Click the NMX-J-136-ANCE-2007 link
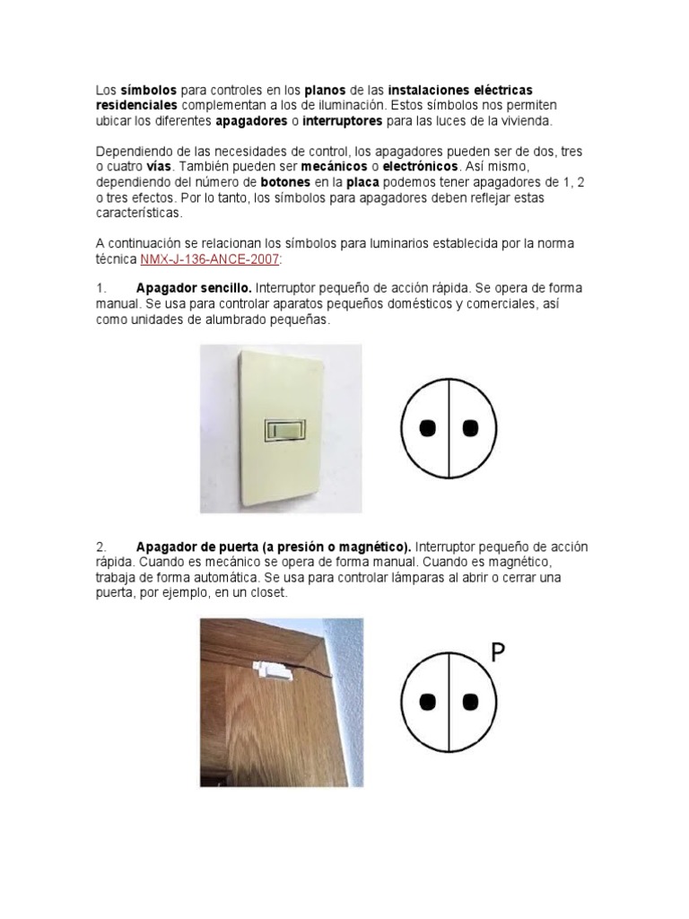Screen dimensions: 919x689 tap(211, 258)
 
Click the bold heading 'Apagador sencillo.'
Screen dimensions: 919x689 tap(194, 288)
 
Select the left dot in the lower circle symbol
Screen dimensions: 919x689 tap(429, 702)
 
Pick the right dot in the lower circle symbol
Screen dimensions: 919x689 tap(467, 702)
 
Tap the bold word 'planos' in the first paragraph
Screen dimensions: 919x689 tap(325, 91)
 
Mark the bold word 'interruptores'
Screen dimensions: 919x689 tap(343, 120)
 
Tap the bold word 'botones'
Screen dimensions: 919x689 tap(286, 182)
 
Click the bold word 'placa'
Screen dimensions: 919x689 tap(362, 182)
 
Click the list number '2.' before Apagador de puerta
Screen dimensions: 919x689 tap(101, 547)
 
